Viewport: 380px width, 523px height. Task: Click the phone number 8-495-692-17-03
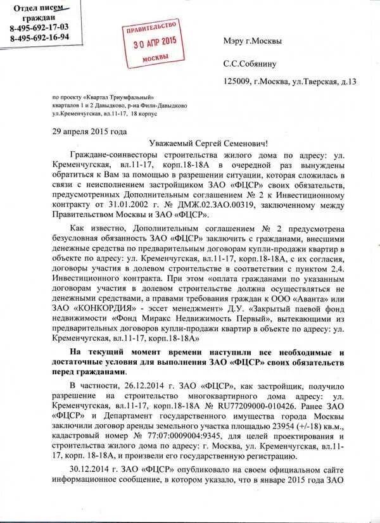click(x=39, y=28)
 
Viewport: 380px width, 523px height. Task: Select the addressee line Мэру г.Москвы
click(x=253, y=41)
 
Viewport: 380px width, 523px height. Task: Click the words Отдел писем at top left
click(x=40, y=8)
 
